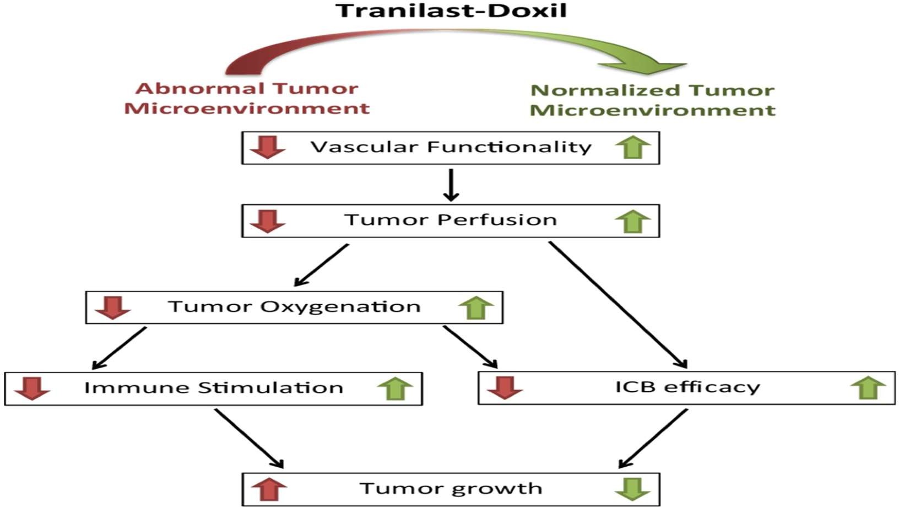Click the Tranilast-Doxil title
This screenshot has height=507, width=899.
(x=451, y=10)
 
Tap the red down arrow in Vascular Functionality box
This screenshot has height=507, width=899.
(x=268, y=147)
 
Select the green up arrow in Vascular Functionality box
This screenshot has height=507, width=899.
(x=633, y=147)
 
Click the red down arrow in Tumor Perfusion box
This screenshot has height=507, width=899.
(x=268, y=221)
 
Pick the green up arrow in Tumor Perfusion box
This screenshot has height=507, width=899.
(x=633, y=221)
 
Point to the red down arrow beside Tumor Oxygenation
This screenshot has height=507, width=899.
(x=113, y=308)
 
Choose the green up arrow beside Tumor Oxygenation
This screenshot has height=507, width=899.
(x=476, y=308)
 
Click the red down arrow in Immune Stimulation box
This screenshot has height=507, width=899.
(x=32, y=388)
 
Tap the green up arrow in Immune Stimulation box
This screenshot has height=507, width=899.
(x=395, y=388)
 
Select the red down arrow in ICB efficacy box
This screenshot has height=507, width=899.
(x=505, y=387)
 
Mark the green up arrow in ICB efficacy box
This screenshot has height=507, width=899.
(x=868, y=387)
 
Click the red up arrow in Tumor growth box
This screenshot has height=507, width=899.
(x=269, y=489)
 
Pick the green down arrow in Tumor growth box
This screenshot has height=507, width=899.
(x=633, y=489)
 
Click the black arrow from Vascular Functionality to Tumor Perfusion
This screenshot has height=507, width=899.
(x=451, y=185)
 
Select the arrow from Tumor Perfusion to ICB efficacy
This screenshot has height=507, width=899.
(x=618, y=304)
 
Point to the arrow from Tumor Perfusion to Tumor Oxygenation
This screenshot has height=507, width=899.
(x=322, y=265)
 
